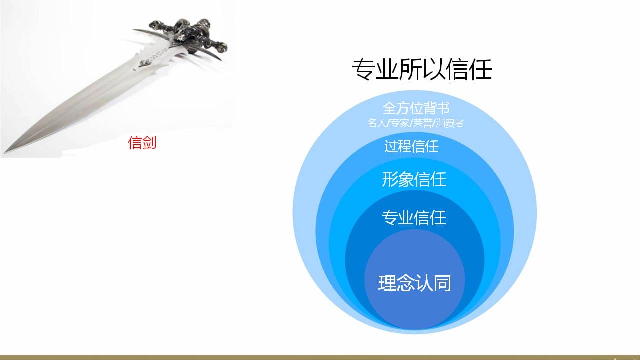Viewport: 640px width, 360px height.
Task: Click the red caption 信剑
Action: coord(142,142)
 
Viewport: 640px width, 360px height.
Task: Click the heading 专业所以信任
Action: coord(422,69)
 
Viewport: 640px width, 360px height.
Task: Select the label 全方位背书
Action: coord(416,108)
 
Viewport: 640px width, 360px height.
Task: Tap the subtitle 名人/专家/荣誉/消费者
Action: coord(415,123)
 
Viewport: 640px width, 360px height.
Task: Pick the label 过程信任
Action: coord(411,146)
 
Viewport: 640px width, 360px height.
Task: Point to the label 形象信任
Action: coord(414,179)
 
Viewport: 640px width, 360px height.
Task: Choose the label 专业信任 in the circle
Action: coord(414,218)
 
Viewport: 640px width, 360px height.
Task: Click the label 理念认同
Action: coord(415,283)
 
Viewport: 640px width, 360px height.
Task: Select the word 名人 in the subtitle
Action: coord(376,123)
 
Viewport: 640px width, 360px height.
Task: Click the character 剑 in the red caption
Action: coord(149,142)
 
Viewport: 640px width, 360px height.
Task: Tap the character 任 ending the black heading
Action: coord(480,69)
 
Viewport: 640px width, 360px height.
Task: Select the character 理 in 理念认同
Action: coord(387,283)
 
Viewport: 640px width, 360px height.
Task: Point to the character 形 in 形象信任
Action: coord(390,179)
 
